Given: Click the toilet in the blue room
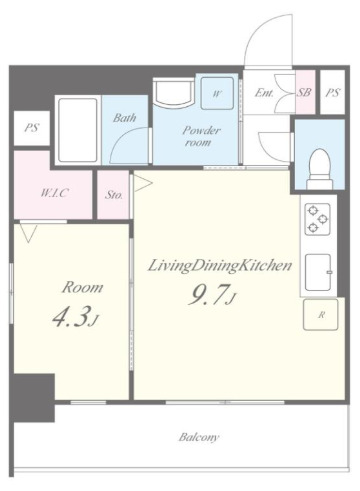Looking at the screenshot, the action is click(x=320, y=169).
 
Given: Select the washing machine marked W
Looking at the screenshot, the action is click(x=217, y=93).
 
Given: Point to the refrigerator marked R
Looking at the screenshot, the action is click(x=321, y=314).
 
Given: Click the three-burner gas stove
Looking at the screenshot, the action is click(x=318, y=219).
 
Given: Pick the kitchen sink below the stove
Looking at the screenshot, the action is click(x=319, y=272).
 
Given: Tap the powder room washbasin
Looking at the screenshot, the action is click(x=173, y=92).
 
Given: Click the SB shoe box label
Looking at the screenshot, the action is click(x=304, y=92).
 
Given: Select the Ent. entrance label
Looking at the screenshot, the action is click(x=264, y=92).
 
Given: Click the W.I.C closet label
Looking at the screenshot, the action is click(x=54, y=193).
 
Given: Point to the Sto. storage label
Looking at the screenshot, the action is click(x=114, y=195).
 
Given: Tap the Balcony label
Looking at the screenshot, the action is click(x=199, y=437).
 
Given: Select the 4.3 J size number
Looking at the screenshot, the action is click(x=75, y=317).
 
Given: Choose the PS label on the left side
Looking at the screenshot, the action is click(x=32, y=128).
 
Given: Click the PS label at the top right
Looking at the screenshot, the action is click(x=333, y=92).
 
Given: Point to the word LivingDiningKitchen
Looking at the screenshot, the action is click(x=220, y=266).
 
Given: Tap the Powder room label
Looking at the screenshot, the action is click(x=201, y=136).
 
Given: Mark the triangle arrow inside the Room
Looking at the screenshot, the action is click(x=28, y=232).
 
